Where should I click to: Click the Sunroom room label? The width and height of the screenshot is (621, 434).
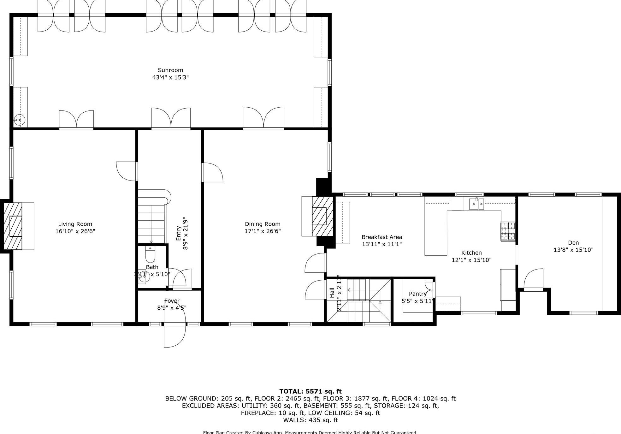(x=170, y=70)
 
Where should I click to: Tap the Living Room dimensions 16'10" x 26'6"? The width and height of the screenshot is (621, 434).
(x=75, y=231)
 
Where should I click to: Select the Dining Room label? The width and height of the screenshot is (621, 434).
(x=263, y=224)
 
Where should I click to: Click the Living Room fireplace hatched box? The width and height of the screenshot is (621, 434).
(x=13, y=226)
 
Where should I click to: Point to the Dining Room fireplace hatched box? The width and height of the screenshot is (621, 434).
(x=322, y=216)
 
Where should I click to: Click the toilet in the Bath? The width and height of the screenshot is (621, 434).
(x=150, y=254)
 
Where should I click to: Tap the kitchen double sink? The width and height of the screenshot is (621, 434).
(x=476, y=204)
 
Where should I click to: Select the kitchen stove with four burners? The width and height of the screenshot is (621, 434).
(x=507, y=231)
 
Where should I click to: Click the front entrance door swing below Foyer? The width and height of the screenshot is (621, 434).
(x=174, y=335)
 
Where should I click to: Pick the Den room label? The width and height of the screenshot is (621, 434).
(x=573, y=243)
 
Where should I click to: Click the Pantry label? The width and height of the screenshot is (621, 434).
(x=417, y=294)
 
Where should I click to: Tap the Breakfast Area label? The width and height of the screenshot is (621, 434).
(x=381, y=237)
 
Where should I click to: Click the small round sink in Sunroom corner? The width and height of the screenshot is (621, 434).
(x=20, y=120)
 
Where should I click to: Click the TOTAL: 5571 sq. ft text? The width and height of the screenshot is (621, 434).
(x=310, y=392)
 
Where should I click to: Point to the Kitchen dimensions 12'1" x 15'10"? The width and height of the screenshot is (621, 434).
(x=471, y=260)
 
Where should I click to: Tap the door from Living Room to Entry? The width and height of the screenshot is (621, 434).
(x=127, y=171)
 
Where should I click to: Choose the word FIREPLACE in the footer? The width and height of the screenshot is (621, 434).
(x=255, y=413)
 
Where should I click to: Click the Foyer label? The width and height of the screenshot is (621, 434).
(x=172, y=301)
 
